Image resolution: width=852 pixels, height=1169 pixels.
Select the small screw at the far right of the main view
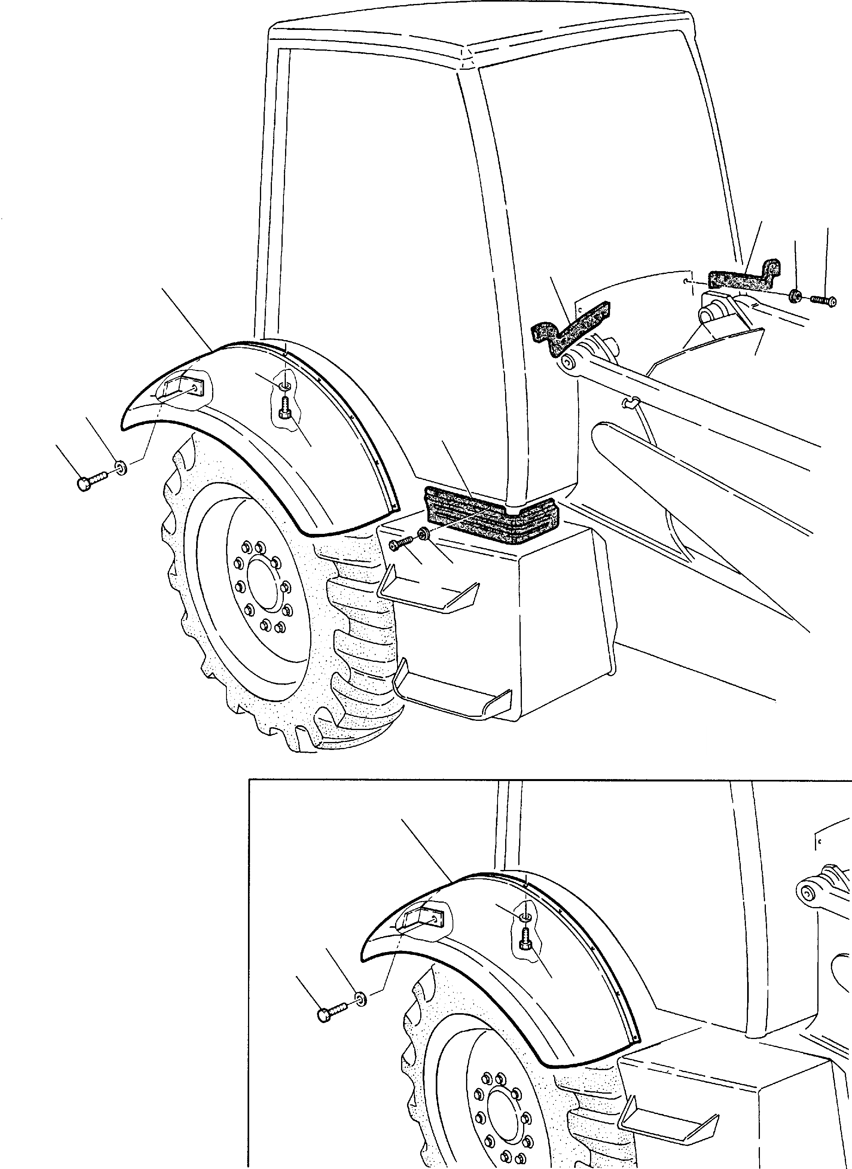(x=823, y=299)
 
